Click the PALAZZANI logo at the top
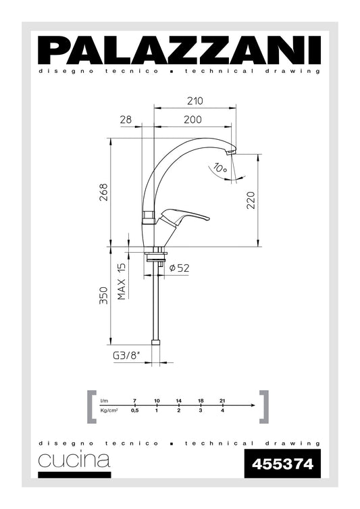coord(180,50)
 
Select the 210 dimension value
coord(195,101)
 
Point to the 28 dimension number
coord(126,119)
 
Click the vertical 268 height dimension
coord(103,193)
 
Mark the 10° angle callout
coord(219,168)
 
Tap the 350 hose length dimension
coord(103,296)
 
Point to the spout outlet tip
coord(231,154)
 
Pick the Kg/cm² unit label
coord(109,410)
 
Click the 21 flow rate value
coord(222,402)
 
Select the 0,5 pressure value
coord(134,410)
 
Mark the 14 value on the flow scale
coord(178,402)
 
